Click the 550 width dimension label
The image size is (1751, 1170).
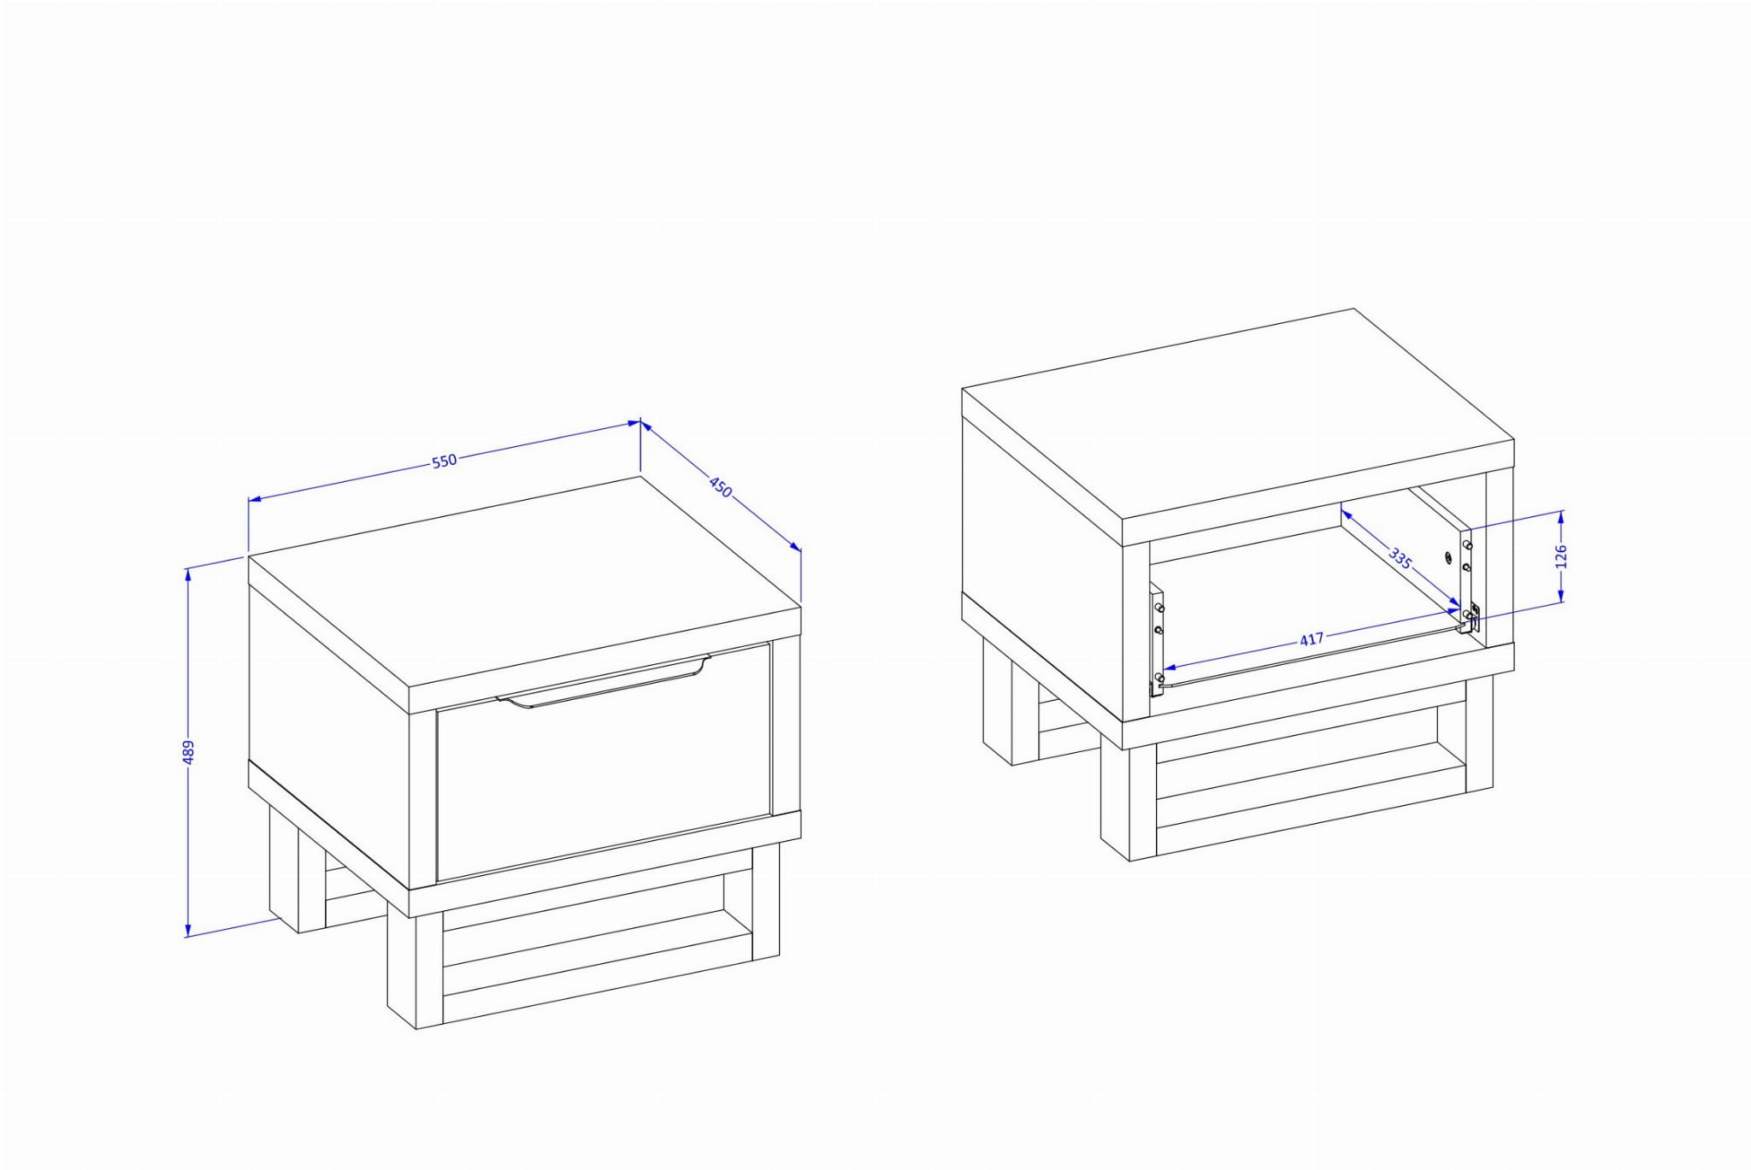point(445,461)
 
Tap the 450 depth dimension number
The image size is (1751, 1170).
point(721,487)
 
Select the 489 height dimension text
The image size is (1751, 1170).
point(189,752)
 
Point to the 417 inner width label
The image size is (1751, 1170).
point(1311,639)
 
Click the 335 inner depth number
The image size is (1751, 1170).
point(1400,559)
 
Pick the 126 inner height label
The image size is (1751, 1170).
point(1561,556)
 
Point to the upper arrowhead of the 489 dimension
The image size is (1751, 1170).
point(188,573)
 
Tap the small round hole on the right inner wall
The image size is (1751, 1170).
point(1447,557)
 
